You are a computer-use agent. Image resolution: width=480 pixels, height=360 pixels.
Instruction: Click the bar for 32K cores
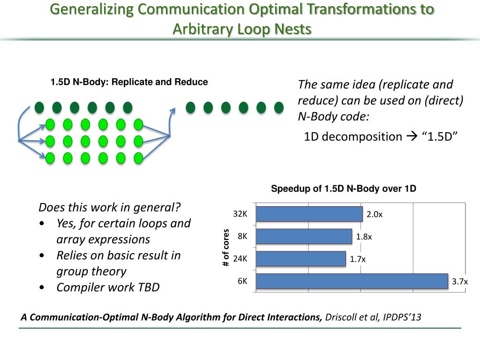pyautogui.click(x=309, y=214)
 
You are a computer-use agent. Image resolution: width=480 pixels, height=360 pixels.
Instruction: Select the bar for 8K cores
pyautogui.click(x=304, y=236)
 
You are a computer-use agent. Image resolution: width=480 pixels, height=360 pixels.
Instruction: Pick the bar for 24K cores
pyautogui.click(x=300, y=258)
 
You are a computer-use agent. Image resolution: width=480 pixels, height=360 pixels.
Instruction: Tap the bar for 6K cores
pyautogui.click(x=352, y=281)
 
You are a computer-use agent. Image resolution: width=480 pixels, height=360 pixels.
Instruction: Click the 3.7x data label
pyautogui.click(x=459, y=281)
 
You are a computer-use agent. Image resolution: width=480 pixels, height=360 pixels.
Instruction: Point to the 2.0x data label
pyautogui.click(x=375, y=214)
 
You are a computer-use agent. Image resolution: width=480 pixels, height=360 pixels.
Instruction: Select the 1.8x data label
pyautogui.click(x=364, y=237)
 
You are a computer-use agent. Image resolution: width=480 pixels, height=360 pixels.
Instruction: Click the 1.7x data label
pyautogui.click(x=358, y=259)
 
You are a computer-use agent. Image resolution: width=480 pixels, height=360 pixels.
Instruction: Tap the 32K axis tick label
pyautogui.click(x=240, y=214)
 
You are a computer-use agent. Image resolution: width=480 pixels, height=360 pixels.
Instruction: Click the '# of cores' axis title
pyautogui.click(x=226, y=247)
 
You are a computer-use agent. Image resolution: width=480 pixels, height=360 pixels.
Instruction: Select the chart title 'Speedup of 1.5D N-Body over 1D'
pyautogui.click(x=344, y=189)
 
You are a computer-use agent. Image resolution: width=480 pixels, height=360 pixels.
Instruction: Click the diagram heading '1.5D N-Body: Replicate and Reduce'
pyautogui.click(x=129, y=82)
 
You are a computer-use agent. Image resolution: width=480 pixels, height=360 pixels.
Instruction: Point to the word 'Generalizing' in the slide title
pyautogui.click(x=92, y=10)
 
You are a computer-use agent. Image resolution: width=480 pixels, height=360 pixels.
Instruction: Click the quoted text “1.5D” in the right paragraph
pyautogui.click(x=439, y=136)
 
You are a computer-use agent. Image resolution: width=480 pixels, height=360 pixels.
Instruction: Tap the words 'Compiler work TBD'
pyautogui.click(x=108, y=287)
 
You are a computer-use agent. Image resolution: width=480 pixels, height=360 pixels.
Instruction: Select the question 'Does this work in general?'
pyautogui.click(x=110, y=207)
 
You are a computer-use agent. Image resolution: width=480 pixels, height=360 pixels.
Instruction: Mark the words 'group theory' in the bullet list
pyautogui.click(x=91, y=271)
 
